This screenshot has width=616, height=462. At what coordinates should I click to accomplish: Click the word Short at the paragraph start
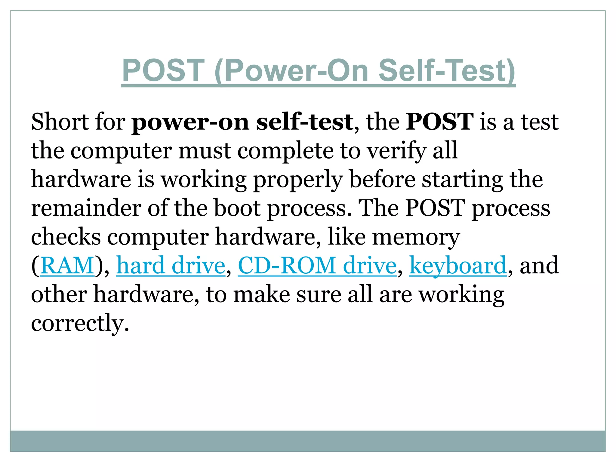(x=59, y=122)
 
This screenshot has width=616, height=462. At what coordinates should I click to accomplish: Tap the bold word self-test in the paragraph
(x=304, y=122)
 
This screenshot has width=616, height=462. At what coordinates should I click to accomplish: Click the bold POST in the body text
(x=439, y=122)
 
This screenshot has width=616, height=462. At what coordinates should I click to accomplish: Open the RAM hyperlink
(x=67, y=266)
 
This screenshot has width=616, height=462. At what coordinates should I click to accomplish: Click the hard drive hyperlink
(x=171, y=266)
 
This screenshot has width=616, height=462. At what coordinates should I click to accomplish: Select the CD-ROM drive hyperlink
(x=317, y=266)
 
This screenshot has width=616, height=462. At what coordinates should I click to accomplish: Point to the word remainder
(x=86, y=208)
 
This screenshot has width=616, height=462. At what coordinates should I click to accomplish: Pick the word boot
(x=237, y=208)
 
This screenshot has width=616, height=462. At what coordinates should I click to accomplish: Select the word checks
(x=66, y=237)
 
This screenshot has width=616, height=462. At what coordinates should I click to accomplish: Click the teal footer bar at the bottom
(x=307, y=441)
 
